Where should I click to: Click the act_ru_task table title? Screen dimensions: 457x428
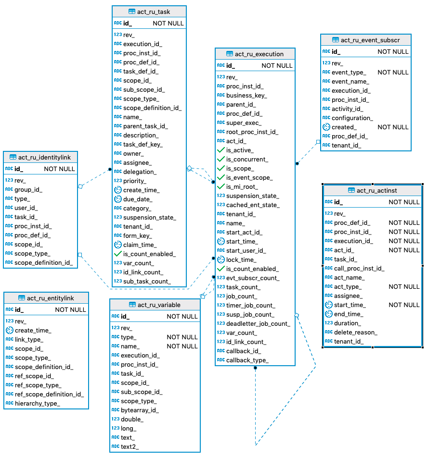pos(154,12)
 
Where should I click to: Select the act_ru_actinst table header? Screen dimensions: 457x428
pos(376,191)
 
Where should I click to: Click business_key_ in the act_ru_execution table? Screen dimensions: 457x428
pos(246,95)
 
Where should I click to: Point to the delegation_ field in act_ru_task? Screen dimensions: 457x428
pos(140,172)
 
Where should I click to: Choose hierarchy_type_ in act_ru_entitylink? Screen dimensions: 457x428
pos(37,403)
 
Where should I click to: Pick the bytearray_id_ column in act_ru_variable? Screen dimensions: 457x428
pos(140,410)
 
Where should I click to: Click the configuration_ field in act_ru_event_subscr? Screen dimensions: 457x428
pos(352,118)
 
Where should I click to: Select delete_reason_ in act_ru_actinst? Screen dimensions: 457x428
pos(355,332)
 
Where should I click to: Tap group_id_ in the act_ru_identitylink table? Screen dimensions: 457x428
pos(28,189)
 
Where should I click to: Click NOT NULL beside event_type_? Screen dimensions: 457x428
pos(393,72)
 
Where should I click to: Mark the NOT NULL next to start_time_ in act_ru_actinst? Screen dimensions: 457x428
pos(404,305)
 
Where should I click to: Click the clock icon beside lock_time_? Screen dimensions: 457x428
pos(220,259)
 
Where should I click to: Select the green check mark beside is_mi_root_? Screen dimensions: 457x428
pos(220,186)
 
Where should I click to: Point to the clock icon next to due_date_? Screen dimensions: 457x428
pos(117,199)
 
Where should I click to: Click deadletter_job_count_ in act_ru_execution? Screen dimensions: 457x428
pos(258,323)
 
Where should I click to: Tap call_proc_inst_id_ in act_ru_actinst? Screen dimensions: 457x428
pos(359,268)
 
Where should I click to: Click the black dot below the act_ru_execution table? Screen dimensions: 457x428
pos(255,368)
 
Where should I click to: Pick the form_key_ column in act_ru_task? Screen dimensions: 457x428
pos(137,235)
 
